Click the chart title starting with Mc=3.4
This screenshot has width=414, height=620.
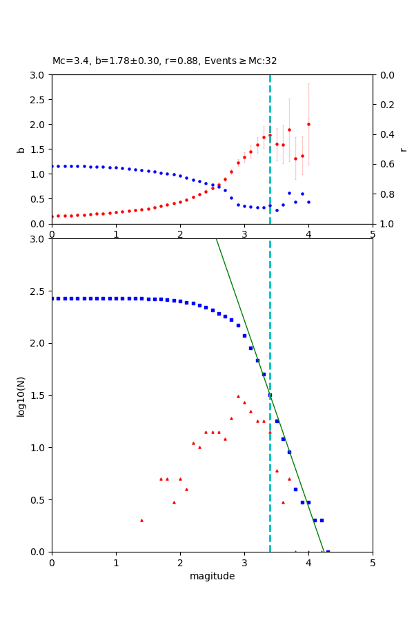click(x=164, y=61)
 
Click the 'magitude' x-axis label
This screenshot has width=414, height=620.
click(x=212, y=576)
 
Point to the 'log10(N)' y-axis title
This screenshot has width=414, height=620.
click(x=21, y=395)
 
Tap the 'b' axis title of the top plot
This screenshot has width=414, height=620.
click(x=21, y=149)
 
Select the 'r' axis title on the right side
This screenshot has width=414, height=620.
click(x=403, y=149)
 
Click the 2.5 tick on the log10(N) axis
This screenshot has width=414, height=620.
click(x=39, y=291)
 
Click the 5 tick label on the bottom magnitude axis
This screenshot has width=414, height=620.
click(x=373, y=564)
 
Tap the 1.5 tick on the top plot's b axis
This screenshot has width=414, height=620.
click(x=39, y=149)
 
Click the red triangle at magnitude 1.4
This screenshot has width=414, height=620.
click(x=141, y=520)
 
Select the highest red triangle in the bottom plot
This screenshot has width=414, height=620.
click(x=238, y=396)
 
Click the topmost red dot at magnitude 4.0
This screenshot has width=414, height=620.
click(x=308, y=124)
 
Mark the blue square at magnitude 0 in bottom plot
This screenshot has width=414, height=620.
click(x=52, y=298)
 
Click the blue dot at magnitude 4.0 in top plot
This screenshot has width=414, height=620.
click(x=308, y=202)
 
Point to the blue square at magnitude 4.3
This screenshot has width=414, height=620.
click(x=328, y=551)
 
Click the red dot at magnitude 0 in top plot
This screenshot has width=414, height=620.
click(x=52, y=216)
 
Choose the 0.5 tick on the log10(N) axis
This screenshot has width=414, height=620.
click(x=39, y=500)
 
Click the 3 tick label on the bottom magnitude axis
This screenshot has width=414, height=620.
click(x=244, y=564)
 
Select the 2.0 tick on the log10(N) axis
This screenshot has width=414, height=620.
click(x=39, y=344)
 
